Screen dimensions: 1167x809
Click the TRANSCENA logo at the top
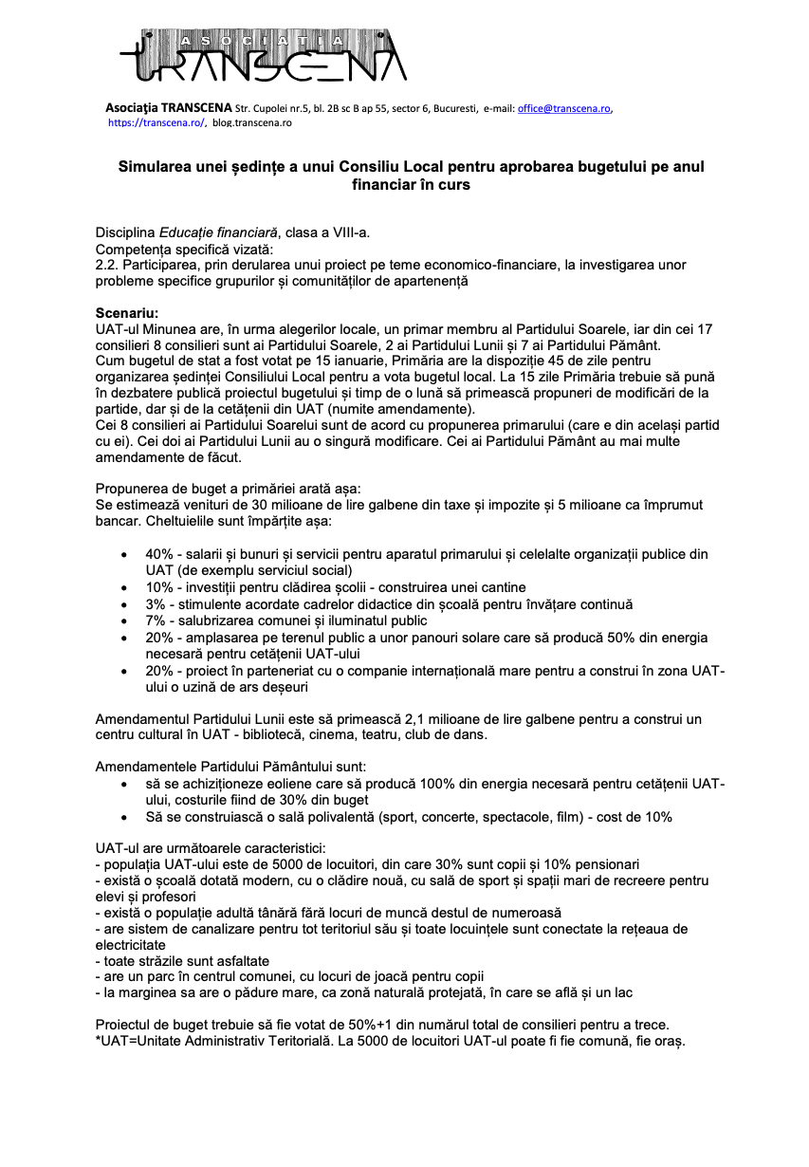coord(263,56)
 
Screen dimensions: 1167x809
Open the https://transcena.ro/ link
coord(156,122)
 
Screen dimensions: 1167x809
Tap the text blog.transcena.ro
coord(252,122)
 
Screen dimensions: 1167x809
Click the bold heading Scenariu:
coord(128,312)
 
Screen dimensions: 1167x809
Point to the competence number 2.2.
coord(106,265)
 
